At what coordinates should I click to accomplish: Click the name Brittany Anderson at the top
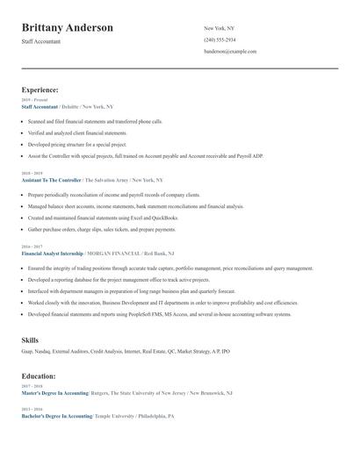pos(68,28)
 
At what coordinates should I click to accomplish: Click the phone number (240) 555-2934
pos(220,39)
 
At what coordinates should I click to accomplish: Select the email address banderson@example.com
pos(230,51)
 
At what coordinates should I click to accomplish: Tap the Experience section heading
pos(40,89)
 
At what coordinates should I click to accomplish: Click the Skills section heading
pos(30,339)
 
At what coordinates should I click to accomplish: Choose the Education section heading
pos(40,376)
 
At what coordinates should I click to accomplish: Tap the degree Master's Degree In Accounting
pos(55,393)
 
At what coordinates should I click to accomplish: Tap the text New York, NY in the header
pos(219,28)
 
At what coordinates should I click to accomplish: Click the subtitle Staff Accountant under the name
pos(41,42)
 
